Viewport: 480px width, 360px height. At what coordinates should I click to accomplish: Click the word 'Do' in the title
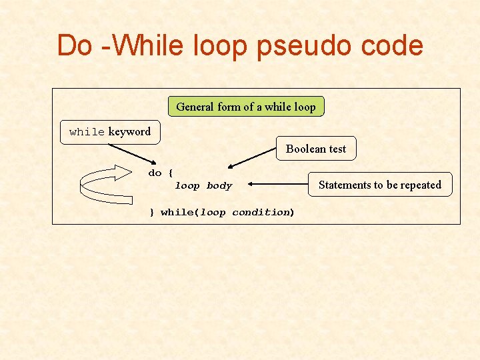click(74, 45)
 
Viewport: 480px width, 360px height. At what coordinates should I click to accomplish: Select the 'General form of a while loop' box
click(246, 107)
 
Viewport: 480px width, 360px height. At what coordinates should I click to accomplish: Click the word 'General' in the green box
click(195, 107)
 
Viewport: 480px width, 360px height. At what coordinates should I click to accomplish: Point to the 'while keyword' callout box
click(110, 131)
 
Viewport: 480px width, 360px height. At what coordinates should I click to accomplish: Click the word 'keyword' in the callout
click(129, 131)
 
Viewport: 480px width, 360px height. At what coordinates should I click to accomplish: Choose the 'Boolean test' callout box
click(316, 149)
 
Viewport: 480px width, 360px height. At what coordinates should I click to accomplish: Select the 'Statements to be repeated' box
click(380, 185)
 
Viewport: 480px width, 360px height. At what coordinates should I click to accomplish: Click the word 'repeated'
click(419, 185)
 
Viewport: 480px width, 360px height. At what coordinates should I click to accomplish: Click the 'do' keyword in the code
click(155, 173)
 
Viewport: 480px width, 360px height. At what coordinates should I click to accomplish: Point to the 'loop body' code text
click(203, 186)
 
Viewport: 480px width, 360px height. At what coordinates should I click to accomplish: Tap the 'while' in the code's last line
click(177, 213)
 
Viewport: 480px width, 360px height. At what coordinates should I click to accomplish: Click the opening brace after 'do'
click(171, 173)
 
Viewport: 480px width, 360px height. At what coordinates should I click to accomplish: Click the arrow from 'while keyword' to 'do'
click(131, 153)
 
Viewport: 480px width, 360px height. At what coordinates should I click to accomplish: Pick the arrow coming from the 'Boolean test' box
click(252, 158)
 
